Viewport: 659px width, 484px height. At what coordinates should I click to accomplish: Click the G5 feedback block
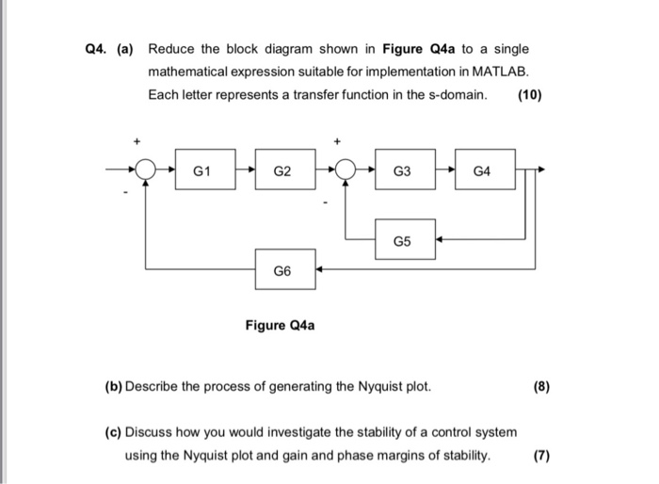[x=403, y=240]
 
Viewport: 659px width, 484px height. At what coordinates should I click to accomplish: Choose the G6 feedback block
[x=282, y=270]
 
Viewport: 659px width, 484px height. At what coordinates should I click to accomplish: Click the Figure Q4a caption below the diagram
[x=280, y=326]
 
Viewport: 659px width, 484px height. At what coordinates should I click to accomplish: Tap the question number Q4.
[x=95, y=49]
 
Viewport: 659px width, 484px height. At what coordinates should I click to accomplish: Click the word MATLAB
[x=502, y=72]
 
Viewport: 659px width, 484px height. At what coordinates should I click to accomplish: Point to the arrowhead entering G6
[x=320, y=270]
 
